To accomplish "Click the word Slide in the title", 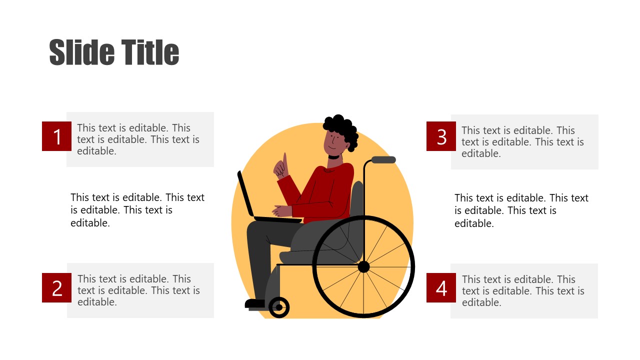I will pyautogui.click(x=80, y=52).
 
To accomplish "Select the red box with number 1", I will pyautogui.click(x=56, y=136).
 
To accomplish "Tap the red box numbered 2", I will pyautogui.click(x=56, y=287).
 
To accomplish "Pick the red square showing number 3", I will pyautogui.click(x=441, y=136).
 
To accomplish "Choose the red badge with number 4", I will pyautogui.click(x=441, y=287).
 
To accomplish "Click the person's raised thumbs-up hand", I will pyautogui.click(x=282, y=166).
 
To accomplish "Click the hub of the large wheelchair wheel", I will pyautogui.click(x=363, y=266).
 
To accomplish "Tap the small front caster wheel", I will pyautogui.click(x=279, y=307).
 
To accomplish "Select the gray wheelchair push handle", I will pyautogui.click(x=383, y=160).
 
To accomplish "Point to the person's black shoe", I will pyautogui.click(x=255, y=303).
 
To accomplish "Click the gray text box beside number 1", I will pyautogui.click(x=140, y=139).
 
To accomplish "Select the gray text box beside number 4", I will pyautogui.click(x=524, y=291).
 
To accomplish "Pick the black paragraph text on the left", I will pyautogui.click(x=137, y=210).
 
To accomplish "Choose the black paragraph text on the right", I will pyautogui.click(x=521, y=210).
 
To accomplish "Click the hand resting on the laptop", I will pyautogui.click(x=281, y=210).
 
